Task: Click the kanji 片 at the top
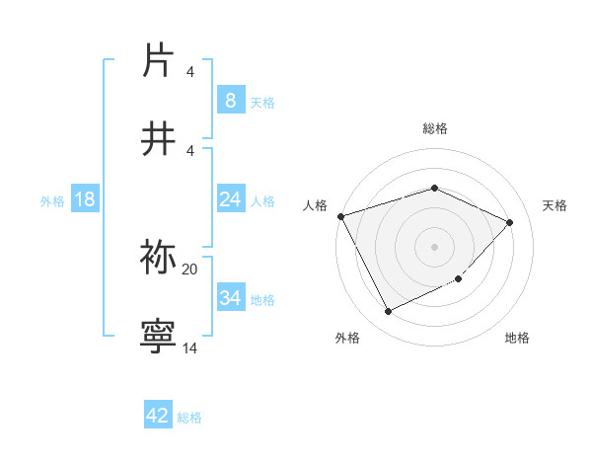point(159,60)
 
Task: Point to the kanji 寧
point(159,335)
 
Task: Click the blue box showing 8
point(230,100)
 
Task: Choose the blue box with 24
point(230,199)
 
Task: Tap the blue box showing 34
point(230,297)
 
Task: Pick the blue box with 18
point(85,199)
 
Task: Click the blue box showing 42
point(158,416)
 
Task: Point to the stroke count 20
point(190,269)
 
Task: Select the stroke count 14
point(190,348)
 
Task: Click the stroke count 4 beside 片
point(190,72)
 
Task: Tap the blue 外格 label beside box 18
point(52,200)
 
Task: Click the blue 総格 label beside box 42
point(189,418)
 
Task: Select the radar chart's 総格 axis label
point(434,128)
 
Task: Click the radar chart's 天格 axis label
point(555,205)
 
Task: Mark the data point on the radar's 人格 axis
point(340,216)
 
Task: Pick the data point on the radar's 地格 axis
point(459,279)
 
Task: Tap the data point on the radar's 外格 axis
point(388,312)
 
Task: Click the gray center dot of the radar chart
point(434,246)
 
